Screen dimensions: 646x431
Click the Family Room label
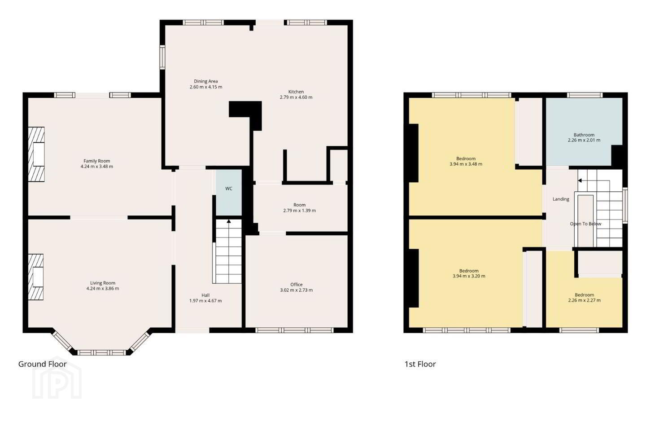click(x=96, y=161)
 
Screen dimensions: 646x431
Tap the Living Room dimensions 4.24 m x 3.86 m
click(x=102, y=288)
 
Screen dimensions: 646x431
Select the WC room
click(x=229, y=192)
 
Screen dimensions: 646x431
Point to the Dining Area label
click(x=205, y=81)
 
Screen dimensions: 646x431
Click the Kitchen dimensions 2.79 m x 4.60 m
click(x=296, y=97)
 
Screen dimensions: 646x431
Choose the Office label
click(x=296, y=285)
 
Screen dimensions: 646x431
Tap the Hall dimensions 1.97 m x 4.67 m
click(x=205, y=301)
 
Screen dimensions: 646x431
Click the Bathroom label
click(x=584, y=135)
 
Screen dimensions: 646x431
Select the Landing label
click(x=561, y=199)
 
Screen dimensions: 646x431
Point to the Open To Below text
click(x=585, y=224)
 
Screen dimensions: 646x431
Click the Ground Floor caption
click(x=42, y=364)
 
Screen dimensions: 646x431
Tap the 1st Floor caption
click(x=420, y=364)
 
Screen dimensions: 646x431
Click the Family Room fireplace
click(x=36, y=154)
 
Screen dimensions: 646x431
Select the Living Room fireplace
click(x=36, y=277)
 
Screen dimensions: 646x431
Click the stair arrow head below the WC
click(x=229, y=221)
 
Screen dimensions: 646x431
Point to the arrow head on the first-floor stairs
click(x=580, y=181)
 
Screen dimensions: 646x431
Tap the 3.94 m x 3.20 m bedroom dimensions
click(x=469, y=276)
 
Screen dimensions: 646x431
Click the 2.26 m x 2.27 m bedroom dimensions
click(x=584, y=300)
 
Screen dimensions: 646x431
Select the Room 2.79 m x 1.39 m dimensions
click(x=299, y=211)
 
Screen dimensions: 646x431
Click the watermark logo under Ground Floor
click(x=57, y=378)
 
